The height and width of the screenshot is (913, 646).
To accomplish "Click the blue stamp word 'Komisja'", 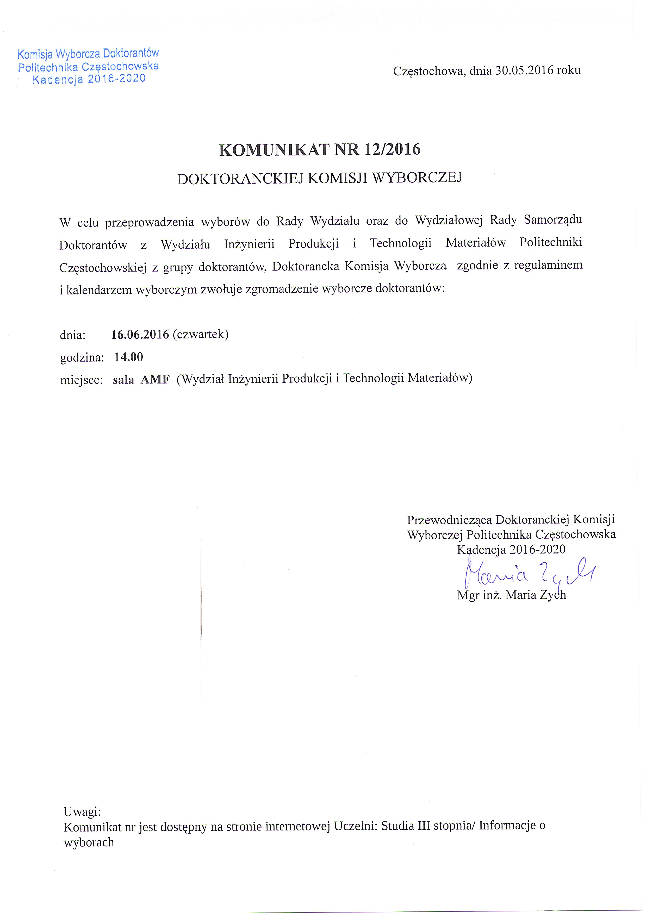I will (35, 54).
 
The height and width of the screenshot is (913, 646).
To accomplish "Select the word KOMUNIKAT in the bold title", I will (274, 150).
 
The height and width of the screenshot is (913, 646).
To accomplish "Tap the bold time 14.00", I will (128, 357).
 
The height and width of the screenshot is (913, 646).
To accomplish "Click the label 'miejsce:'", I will (82, 380).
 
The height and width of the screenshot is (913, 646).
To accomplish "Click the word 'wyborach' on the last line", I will (89, 842).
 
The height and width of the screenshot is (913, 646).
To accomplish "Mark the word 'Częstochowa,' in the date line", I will (428, 71).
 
